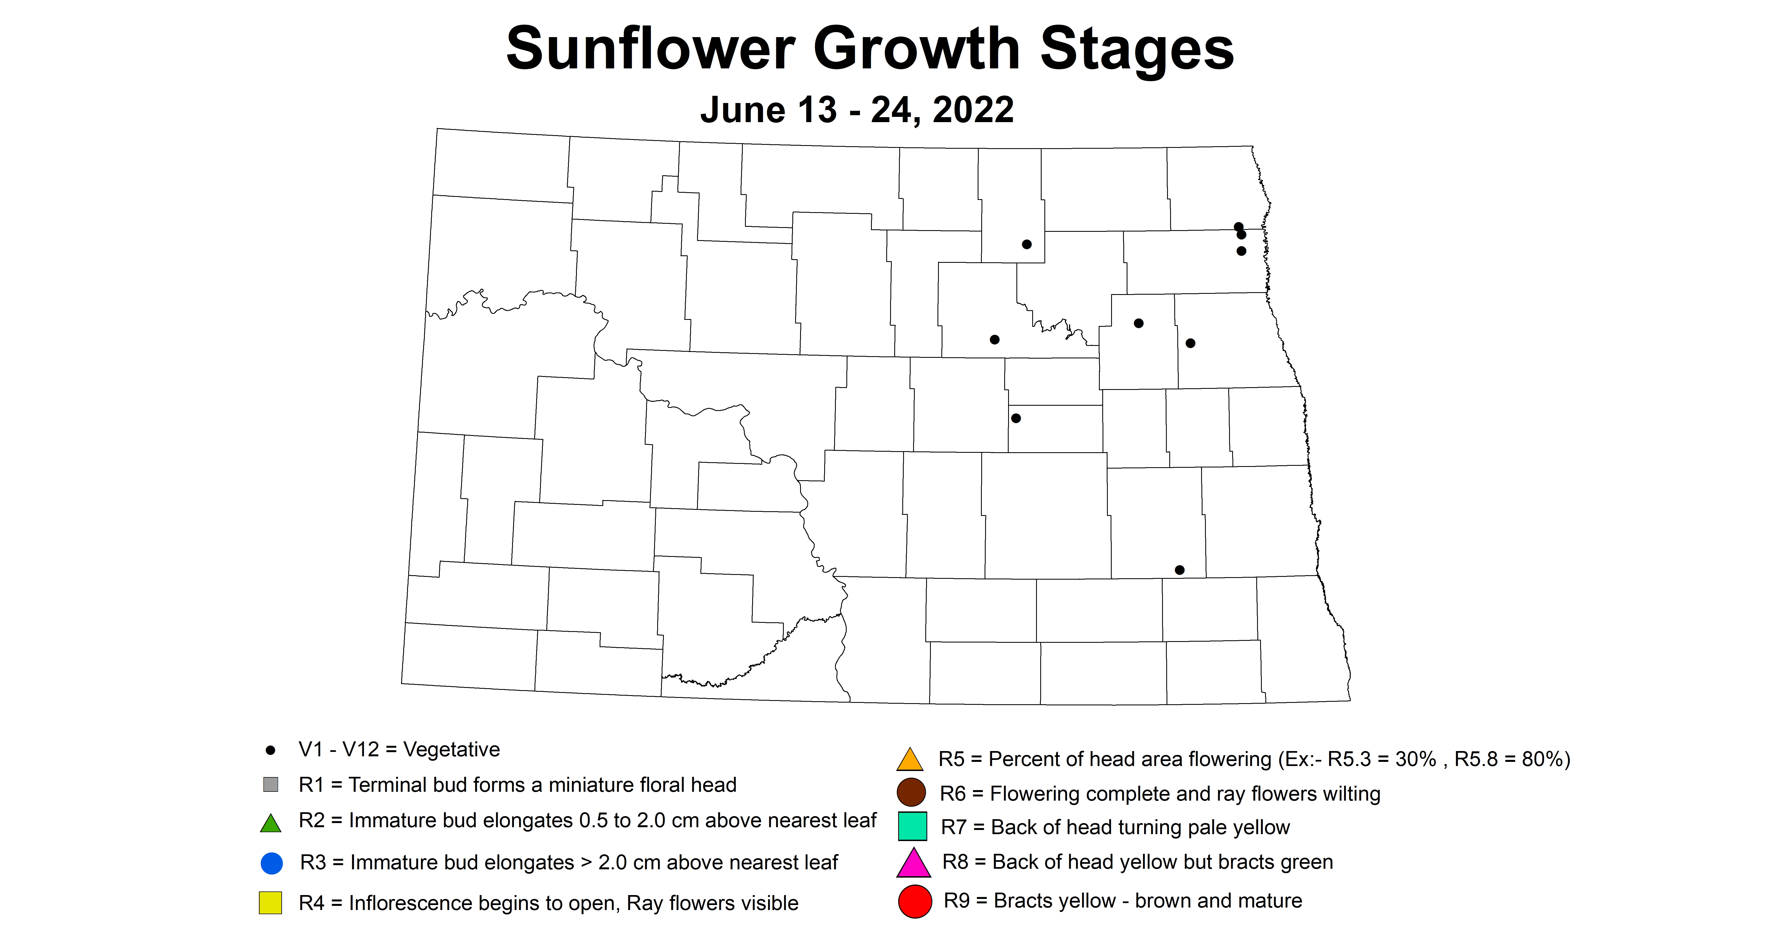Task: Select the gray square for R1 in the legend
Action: point(271,785)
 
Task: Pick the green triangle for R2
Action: point(271,823)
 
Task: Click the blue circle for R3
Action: point(271,863)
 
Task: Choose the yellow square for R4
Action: point(271,903)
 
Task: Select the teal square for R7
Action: point(912,826)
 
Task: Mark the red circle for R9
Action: point(915,901)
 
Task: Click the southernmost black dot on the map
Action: point(1179,570)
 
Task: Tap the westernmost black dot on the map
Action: point(995,340)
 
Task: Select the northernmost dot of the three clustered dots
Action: point(1238,226)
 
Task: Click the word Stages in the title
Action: point(1137,48)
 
